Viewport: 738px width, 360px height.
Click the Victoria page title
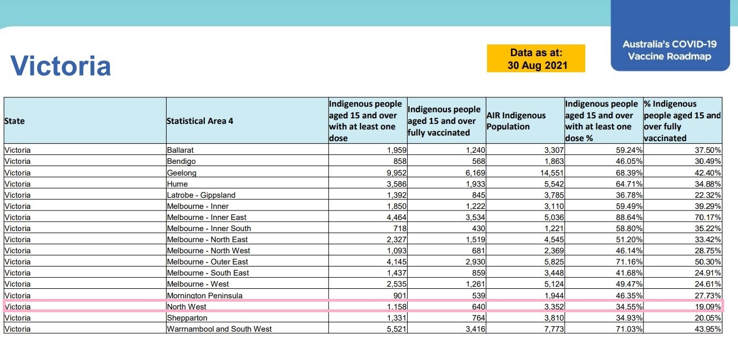61,66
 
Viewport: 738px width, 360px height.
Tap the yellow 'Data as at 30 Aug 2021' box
536,59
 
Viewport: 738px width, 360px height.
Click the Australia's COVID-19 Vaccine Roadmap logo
669,50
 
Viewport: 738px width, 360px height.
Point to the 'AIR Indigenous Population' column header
516,121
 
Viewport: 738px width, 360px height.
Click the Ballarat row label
180,150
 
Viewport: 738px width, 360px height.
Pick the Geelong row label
182,173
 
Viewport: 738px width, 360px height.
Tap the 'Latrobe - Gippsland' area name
201,195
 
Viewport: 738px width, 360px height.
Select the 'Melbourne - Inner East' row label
207,217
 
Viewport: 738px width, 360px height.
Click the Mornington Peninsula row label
204,296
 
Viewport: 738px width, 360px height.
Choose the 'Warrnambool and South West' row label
219,329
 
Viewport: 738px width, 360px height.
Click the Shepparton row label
187,318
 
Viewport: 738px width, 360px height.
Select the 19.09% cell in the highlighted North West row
708,307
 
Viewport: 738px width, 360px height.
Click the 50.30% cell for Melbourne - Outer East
708,262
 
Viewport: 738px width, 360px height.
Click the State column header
14,121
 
